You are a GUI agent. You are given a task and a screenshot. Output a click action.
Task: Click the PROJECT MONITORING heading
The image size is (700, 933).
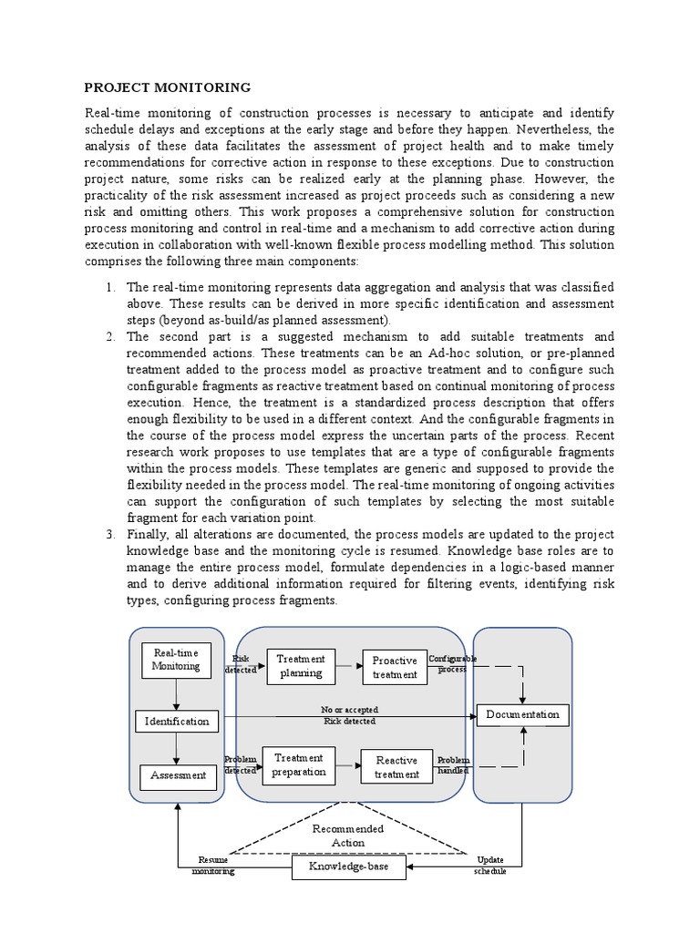click(x=167, y=87)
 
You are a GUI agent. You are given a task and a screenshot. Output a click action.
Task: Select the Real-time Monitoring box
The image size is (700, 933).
click(x=176, y=660)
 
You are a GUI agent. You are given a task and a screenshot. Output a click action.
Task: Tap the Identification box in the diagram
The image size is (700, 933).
click(x=177, y=721)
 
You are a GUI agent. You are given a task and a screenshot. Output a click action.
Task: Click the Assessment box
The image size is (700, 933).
click(x=178, y=776)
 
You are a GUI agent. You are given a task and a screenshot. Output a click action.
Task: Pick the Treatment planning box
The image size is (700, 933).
click(x=301, y=666)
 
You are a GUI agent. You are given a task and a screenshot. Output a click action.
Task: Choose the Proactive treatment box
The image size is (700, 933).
click(x=395, y=668)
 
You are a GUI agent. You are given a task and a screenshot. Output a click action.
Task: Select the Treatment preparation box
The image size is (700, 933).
click(x=298, y=764)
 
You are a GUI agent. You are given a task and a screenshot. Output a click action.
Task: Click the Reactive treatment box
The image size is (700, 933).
click(x=396, y=767)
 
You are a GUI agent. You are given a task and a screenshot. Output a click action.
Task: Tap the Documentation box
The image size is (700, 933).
click(x=522, y=714)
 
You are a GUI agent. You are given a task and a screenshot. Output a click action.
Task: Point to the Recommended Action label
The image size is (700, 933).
click(x=347, y=836)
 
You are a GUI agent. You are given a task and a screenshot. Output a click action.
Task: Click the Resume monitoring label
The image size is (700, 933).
click(x=213, y=866)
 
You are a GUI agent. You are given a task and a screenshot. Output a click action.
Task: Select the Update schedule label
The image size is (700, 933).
click(x=489, y=866)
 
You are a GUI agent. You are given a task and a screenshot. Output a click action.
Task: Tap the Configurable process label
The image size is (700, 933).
click(x=452, y=663)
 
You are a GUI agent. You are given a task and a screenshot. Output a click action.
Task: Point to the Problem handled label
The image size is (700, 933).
click(x=453, y=765)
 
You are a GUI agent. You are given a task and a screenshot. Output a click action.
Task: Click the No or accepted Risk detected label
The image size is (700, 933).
click(x=349, y=715)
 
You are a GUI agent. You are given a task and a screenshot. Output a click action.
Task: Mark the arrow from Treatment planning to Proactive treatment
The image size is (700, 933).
click(x=348, y=666)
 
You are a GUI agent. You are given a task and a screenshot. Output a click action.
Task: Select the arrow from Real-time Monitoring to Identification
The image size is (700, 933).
click(x=177, y=694)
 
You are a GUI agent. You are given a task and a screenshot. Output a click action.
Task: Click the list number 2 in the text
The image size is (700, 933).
click(x=108, y=336)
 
